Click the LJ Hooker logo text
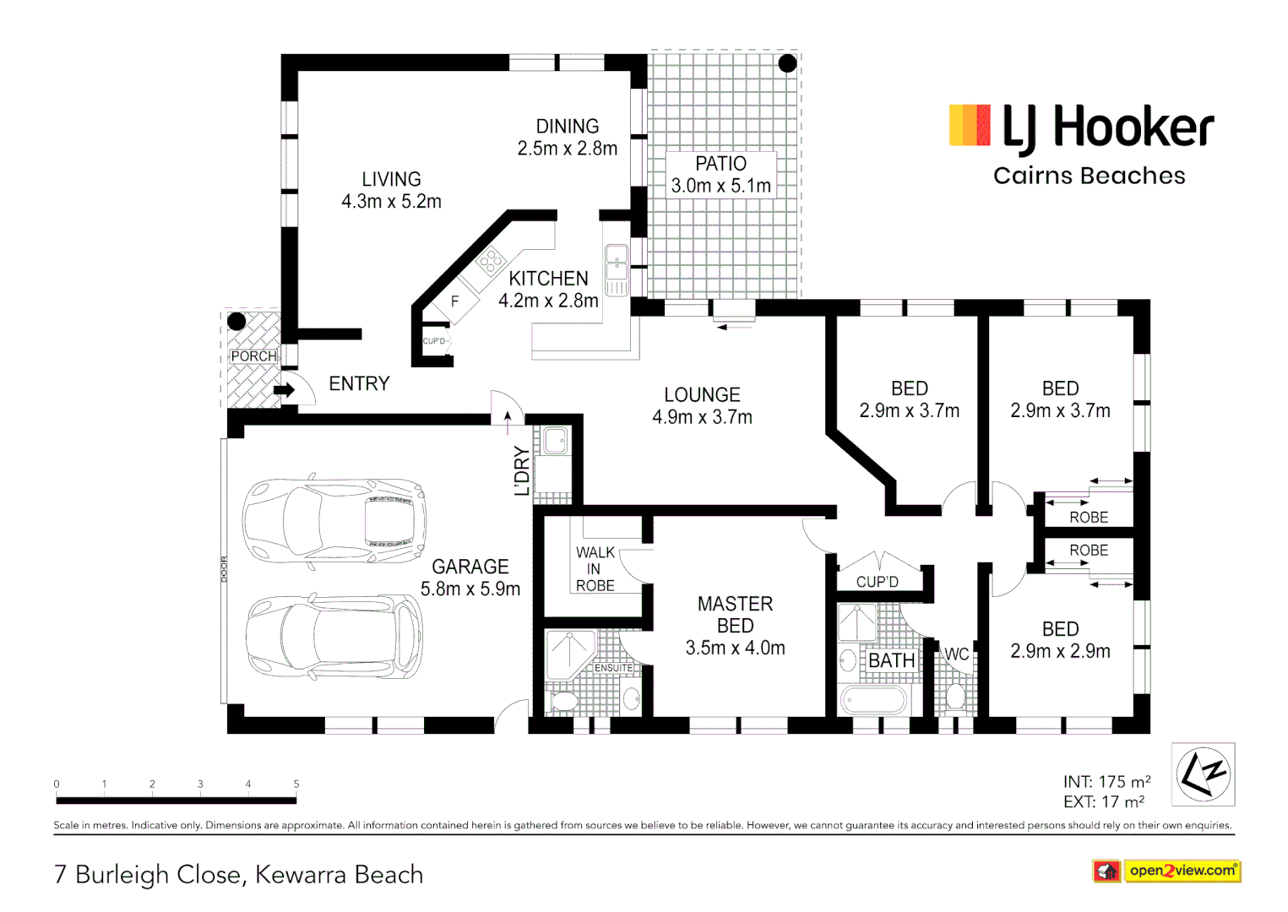[x=1107, y=128]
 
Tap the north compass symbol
[x=1203, y=774]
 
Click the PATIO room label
[x=720, y=164]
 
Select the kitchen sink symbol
[x=617, y=269]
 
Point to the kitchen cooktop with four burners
[x=489, y=261]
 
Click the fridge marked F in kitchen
[x=454, y=301]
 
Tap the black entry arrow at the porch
[x=285, y=390]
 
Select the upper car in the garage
[x=334, y=520]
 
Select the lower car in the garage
[x=334, y=638]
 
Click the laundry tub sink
[x=555, y=441]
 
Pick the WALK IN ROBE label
[x=595, y=569]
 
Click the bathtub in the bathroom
[x=873, y=700]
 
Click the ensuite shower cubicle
[x=570, y=654]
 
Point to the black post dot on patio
[x=787, y=63]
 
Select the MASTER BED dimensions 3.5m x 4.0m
[x=735, y=649]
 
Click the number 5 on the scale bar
[x=296, y=784]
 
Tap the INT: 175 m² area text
[x=1106, y=782]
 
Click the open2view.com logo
[x=1182, y=871]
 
